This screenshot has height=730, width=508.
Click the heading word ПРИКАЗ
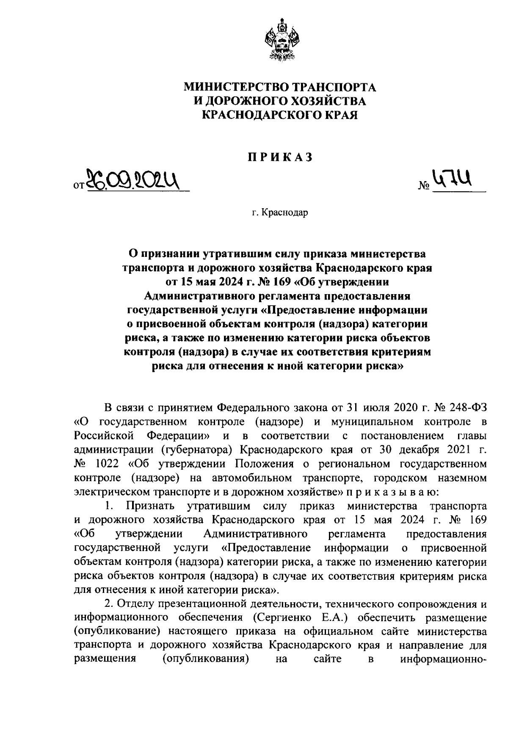(x=279, y=157)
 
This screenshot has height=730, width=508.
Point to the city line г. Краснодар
(x=279, y=212)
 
